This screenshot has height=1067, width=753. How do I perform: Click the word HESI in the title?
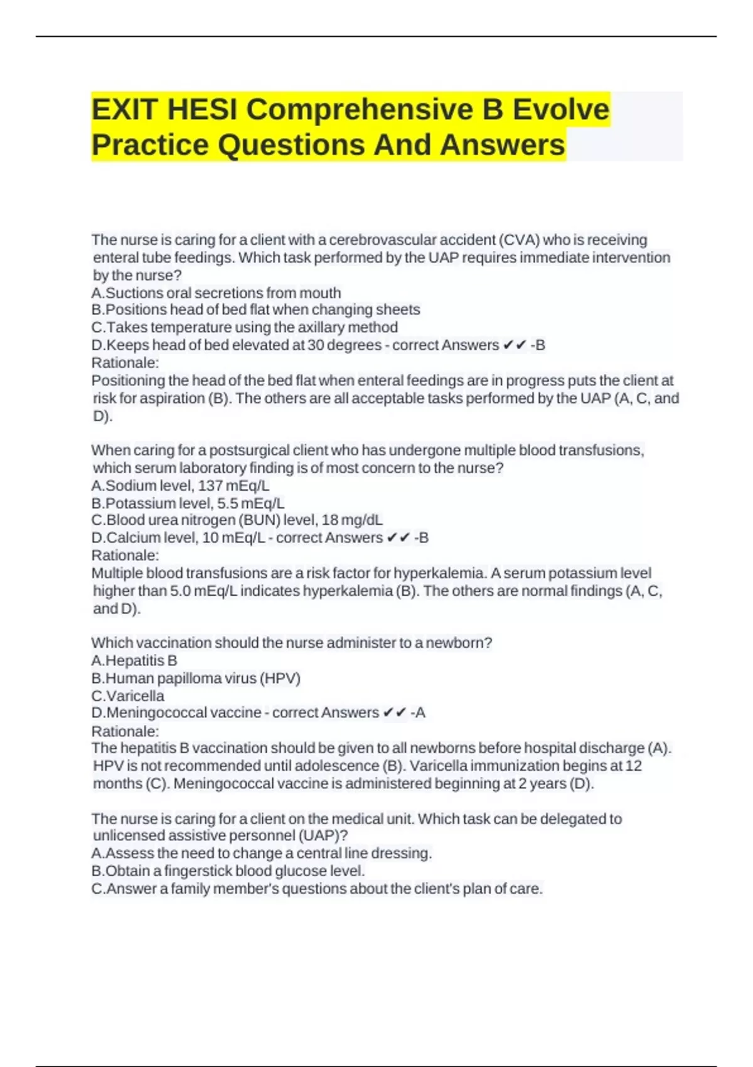pos(202,110)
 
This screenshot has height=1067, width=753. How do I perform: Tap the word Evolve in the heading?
pos(561,110)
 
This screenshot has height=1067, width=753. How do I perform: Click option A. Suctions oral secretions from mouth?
pos(216,293)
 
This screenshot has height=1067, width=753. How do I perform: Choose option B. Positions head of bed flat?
pos(256,310)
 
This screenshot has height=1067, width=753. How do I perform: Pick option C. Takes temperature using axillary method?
pos(245,328)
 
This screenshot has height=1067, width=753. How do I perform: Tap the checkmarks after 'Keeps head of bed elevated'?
pos(515,345)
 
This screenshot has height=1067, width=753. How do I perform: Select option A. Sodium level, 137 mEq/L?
pos(181,486)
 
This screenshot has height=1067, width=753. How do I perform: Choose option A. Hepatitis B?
pos(134,661)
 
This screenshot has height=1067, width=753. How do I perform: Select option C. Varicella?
pos(128,696)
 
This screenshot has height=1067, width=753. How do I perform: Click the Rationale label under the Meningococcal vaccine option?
pos(125,732)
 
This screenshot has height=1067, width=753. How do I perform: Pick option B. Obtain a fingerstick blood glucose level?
pos(228,871)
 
